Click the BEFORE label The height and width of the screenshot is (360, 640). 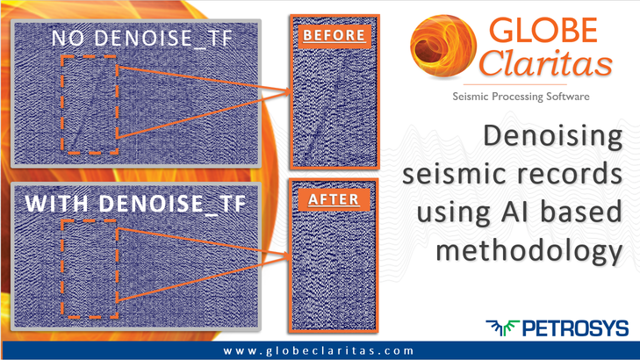(x=334, y=35)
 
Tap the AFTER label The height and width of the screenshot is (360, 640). (x=334, y=199)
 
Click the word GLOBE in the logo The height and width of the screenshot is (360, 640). (x=543, y=30)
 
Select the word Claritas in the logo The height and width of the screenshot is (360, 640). (x=546, y=63)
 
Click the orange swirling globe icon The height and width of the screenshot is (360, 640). (x=442, y=47)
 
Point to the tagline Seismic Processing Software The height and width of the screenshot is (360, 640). (x=521, y=97)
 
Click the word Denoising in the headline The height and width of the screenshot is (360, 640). (x=553, y=136)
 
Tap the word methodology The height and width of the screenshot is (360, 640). (x=529, y=249)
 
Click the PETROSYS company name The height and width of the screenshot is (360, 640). (x=576, y=328)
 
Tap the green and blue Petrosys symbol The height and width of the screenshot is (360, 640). (x=502, y=328)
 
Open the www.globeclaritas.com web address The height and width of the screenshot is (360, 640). (x=319, y=350)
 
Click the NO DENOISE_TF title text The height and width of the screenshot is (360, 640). (x=142, y=39)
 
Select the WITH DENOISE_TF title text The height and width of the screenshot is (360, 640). (x=136, y=203)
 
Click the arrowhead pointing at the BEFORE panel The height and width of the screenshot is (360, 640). (x=286, y=91)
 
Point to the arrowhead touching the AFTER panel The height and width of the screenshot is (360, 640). (x=285, y=256)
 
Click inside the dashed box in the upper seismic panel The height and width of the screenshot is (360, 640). (x=90, y=104)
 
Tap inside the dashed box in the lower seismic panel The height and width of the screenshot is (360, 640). (x=90, y=269)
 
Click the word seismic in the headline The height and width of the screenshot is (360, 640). (x=456, y=174)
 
